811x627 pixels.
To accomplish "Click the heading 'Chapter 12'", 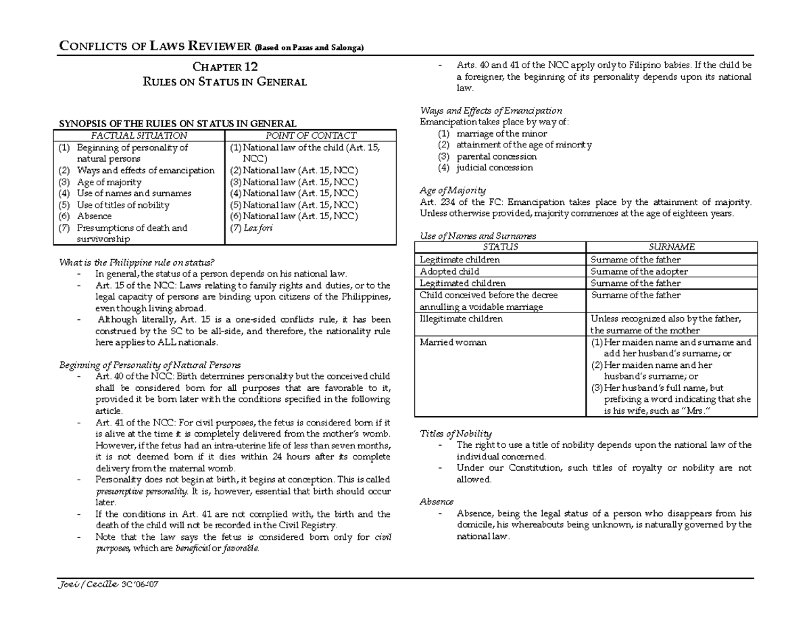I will coord(225,67).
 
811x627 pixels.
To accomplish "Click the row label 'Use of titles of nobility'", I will coord(123,205).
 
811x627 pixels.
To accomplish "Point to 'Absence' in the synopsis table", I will coord(94,216).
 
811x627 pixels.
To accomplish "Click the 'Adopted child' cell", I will coord(449,271).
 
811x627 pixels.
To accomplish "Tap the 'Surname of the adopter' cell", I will coord(639,271).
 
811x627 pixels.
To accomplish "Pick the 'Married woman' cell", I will coord(453,342).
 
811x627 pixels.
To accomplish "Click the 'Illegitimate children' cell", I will coord(461,319).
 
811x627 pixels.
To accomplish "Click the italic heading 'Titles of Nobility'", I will coord(456,434).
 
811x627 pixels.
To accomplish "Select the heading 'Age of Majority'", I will coord(452,191).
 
